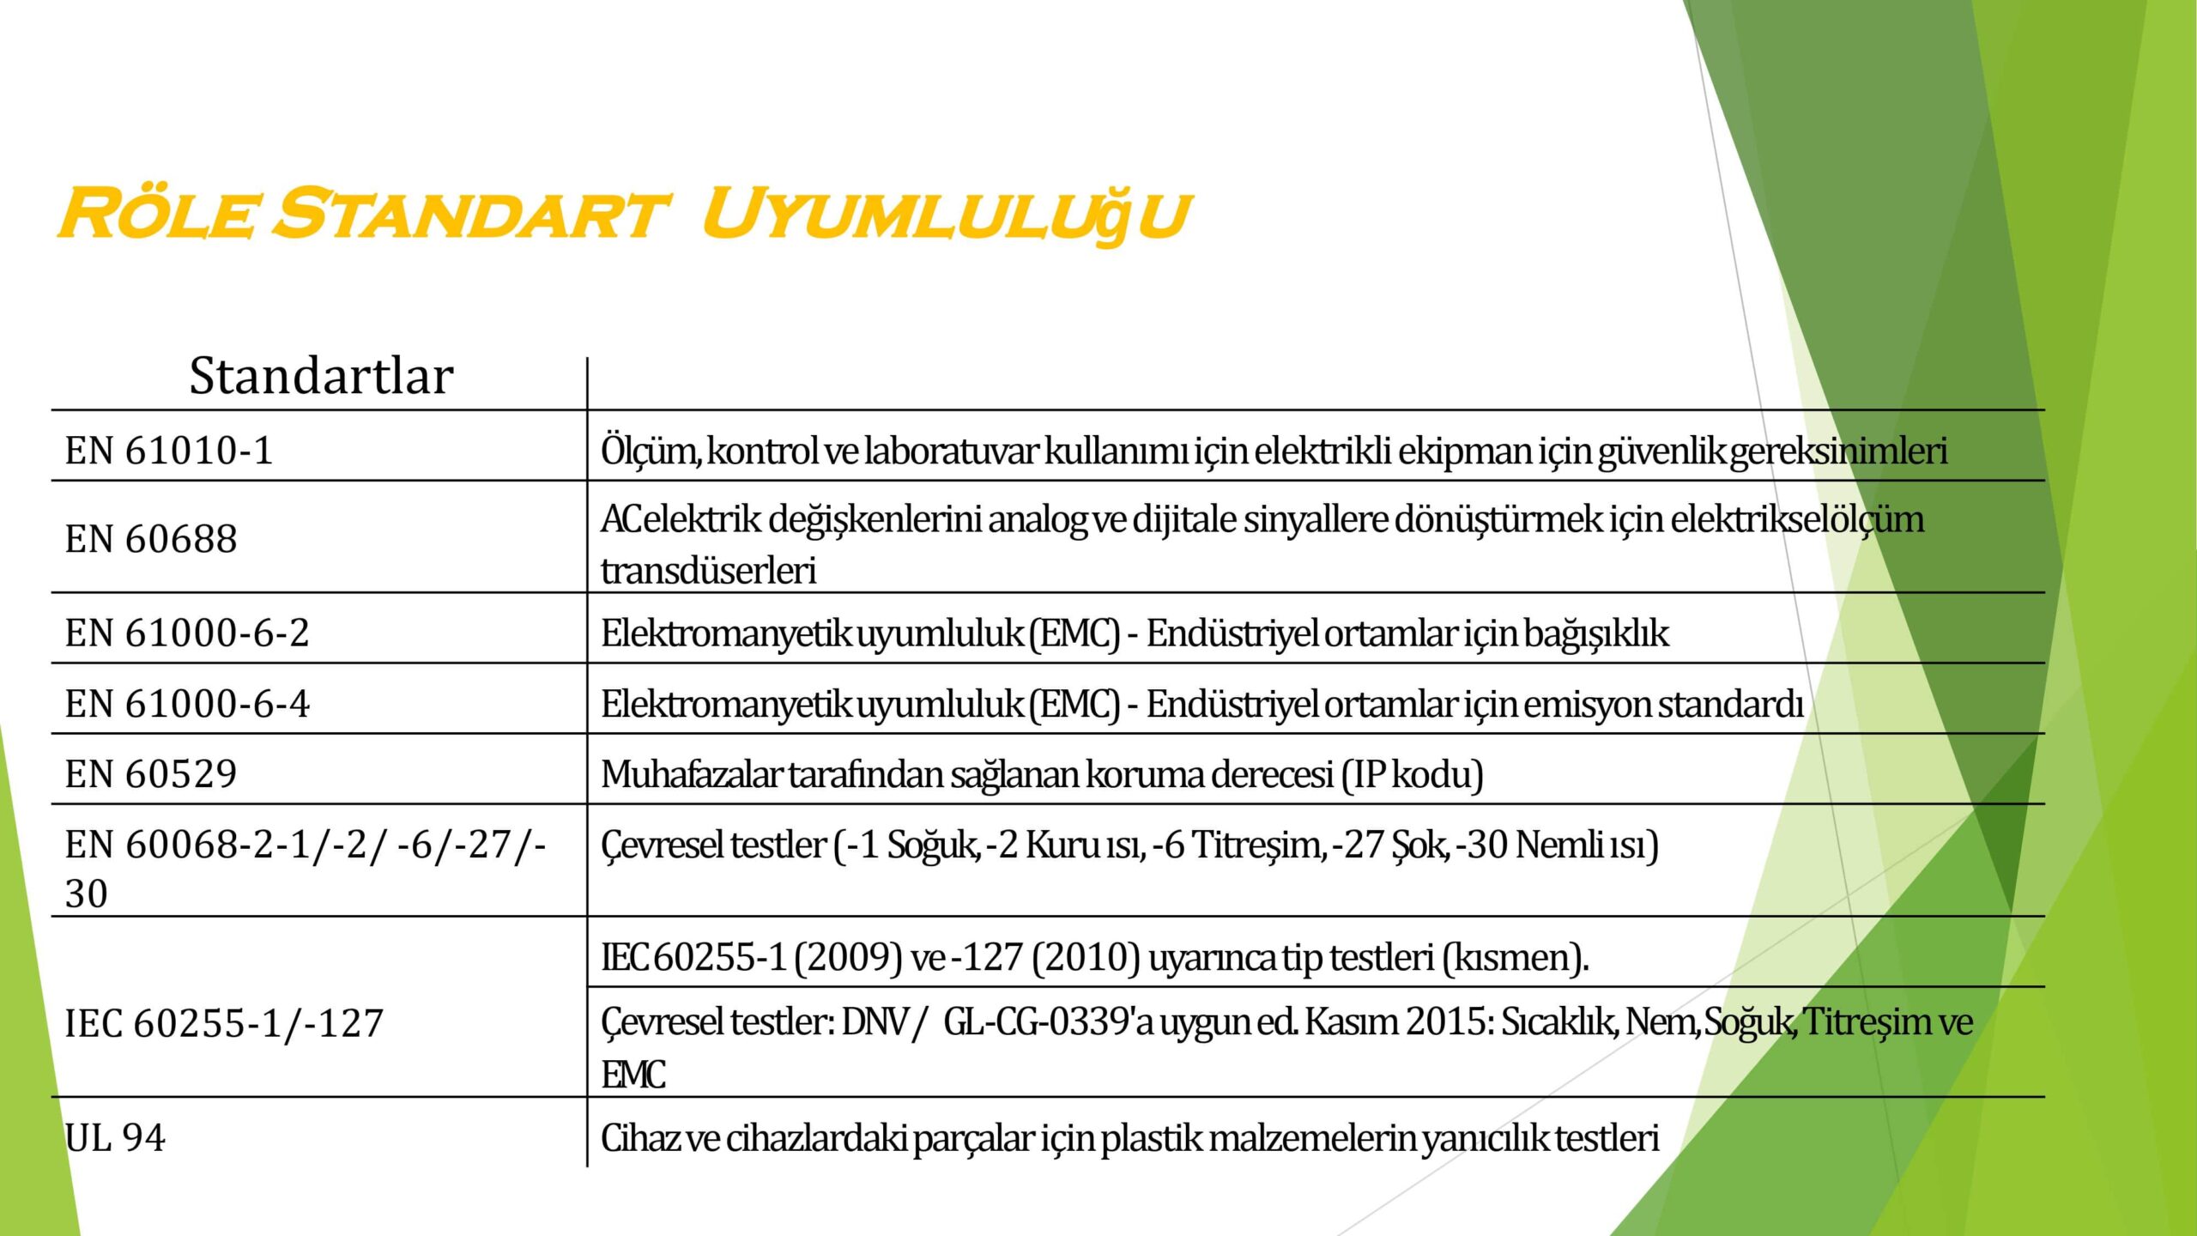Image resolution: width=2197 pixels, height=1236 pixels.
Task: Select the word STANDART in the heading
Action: (x=469, y=213)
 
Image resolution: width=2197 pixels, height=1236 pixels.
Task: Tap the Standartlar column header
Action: (x=321, y=376)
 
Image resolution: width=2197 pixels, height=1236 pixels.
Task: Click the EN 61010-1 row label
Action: (x=169, y=451)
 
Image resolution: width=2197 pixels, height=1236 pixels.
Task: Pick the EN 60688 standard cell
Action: (x=151, y=539)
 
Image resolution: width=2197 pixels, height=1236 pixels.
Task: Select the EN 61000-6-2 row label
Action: (x=187, y=633)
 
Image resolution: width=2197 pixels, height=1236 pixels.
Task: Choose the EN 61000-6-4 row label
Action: (x=187, y=704)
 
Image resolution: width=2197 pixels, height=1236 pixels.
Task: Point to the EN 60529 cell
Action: (x=151, y=774)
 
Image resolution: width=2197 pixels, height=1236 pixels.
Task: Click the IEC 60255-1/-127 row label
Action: (x=224, y=1023)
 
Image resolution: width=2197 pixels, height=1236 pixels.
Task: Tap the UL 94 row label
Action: (x=115, y=1138)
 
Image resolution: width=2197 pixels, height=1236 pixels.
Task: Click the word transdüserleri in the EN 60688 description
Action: (x=709, y=571)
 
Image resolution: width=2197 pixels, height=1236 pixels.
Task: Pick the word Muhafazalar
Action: (x=691, y=774)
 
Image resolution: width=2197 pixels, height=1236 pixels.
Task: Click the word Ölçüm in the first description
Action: (x=650, y=451)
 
